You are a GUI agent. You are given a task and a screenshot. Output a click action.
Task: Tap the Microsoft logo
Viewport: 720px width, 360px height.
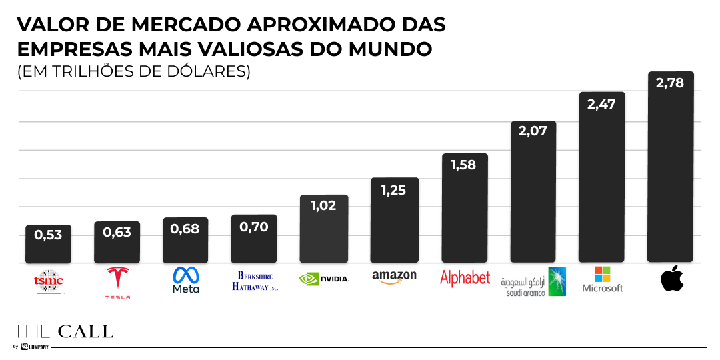coord(603,280)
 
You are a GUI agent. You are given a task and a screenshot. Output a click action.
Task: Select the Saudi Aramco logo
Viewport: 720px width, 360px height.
coord(533,282)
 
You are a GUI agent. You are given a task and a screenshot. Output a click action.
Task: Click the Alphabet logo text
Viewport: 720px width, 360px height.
coord(465,279)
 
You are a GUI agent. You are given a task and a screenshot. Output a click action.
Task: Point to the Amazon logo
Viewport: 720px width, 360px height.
coord(394,277)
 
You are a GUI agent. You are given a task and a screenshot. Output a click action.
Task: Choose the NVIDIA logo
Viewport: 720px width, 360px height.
coord(325,279)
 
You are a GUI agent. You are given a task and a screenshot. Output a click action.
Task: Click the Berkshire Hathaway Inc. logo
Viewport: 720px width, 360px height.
coord(255,281)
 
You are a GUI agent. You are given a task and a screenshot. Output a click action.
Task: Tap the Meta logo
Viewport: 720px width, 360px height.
coord(185,281)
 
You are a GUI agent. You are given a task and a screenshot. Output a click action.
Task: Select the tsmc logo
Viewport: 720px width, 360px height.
coord(49,281)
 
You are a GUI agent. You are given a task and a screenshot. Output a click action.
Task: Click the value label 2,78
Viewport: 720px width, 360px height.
coord(670,83)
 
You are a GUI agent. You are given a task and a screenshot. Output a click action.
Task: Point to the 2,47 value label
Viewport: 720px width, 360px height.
coord(601,104)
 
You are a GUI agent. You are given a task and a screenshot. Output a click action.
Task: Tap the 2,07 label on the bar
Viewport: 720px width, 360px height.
coord(533,131)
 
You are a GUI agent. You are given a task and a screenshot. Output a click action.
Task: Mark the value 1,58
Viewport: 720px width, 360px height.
coord(463,165)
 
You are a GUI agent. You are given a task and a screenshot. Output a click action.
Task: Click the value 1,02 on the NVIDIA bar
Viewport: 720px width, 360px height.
coord(323,205)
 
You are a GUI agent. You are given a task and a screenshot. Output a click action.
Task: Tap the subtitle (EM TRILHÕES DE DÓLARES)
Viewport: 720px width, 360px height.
coord(134,71)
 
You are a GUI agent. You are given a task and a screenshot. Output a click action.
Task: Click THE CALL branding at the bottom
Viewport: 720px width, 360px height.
coord(63,331)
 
